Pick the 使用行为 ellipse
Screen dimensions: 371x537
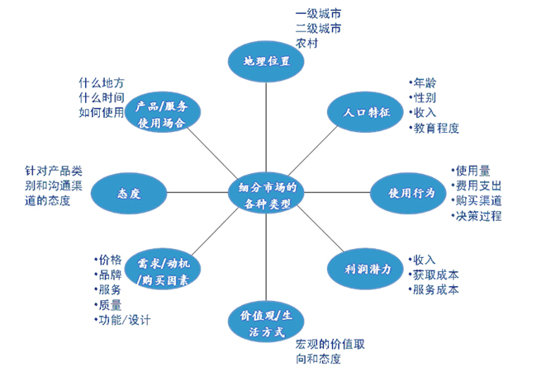412,193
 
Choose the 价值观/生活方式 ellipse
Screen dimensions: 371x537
266,323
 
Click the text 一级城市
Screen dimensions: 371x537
317,13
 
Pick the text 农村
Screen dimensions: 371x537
307,43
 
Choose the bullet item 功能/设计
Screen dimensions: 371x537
125,319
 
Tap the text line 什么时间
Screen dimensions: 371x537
102,98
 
